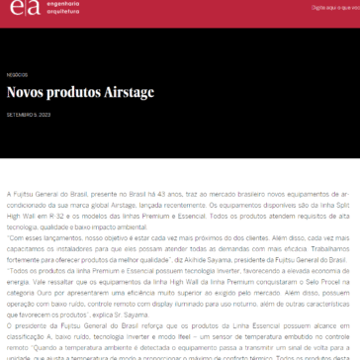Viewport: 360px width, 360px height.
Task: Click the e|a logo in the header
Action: (x=19, y=9)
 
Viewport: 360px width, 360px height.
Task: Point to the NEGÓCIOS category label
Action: (x=17, y=73)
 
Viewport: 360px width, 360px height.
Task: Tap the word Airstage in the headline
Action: (x=130, y=93)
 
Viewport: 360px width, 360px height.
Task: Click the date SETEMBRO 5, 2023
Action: (x=30, y=113)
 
